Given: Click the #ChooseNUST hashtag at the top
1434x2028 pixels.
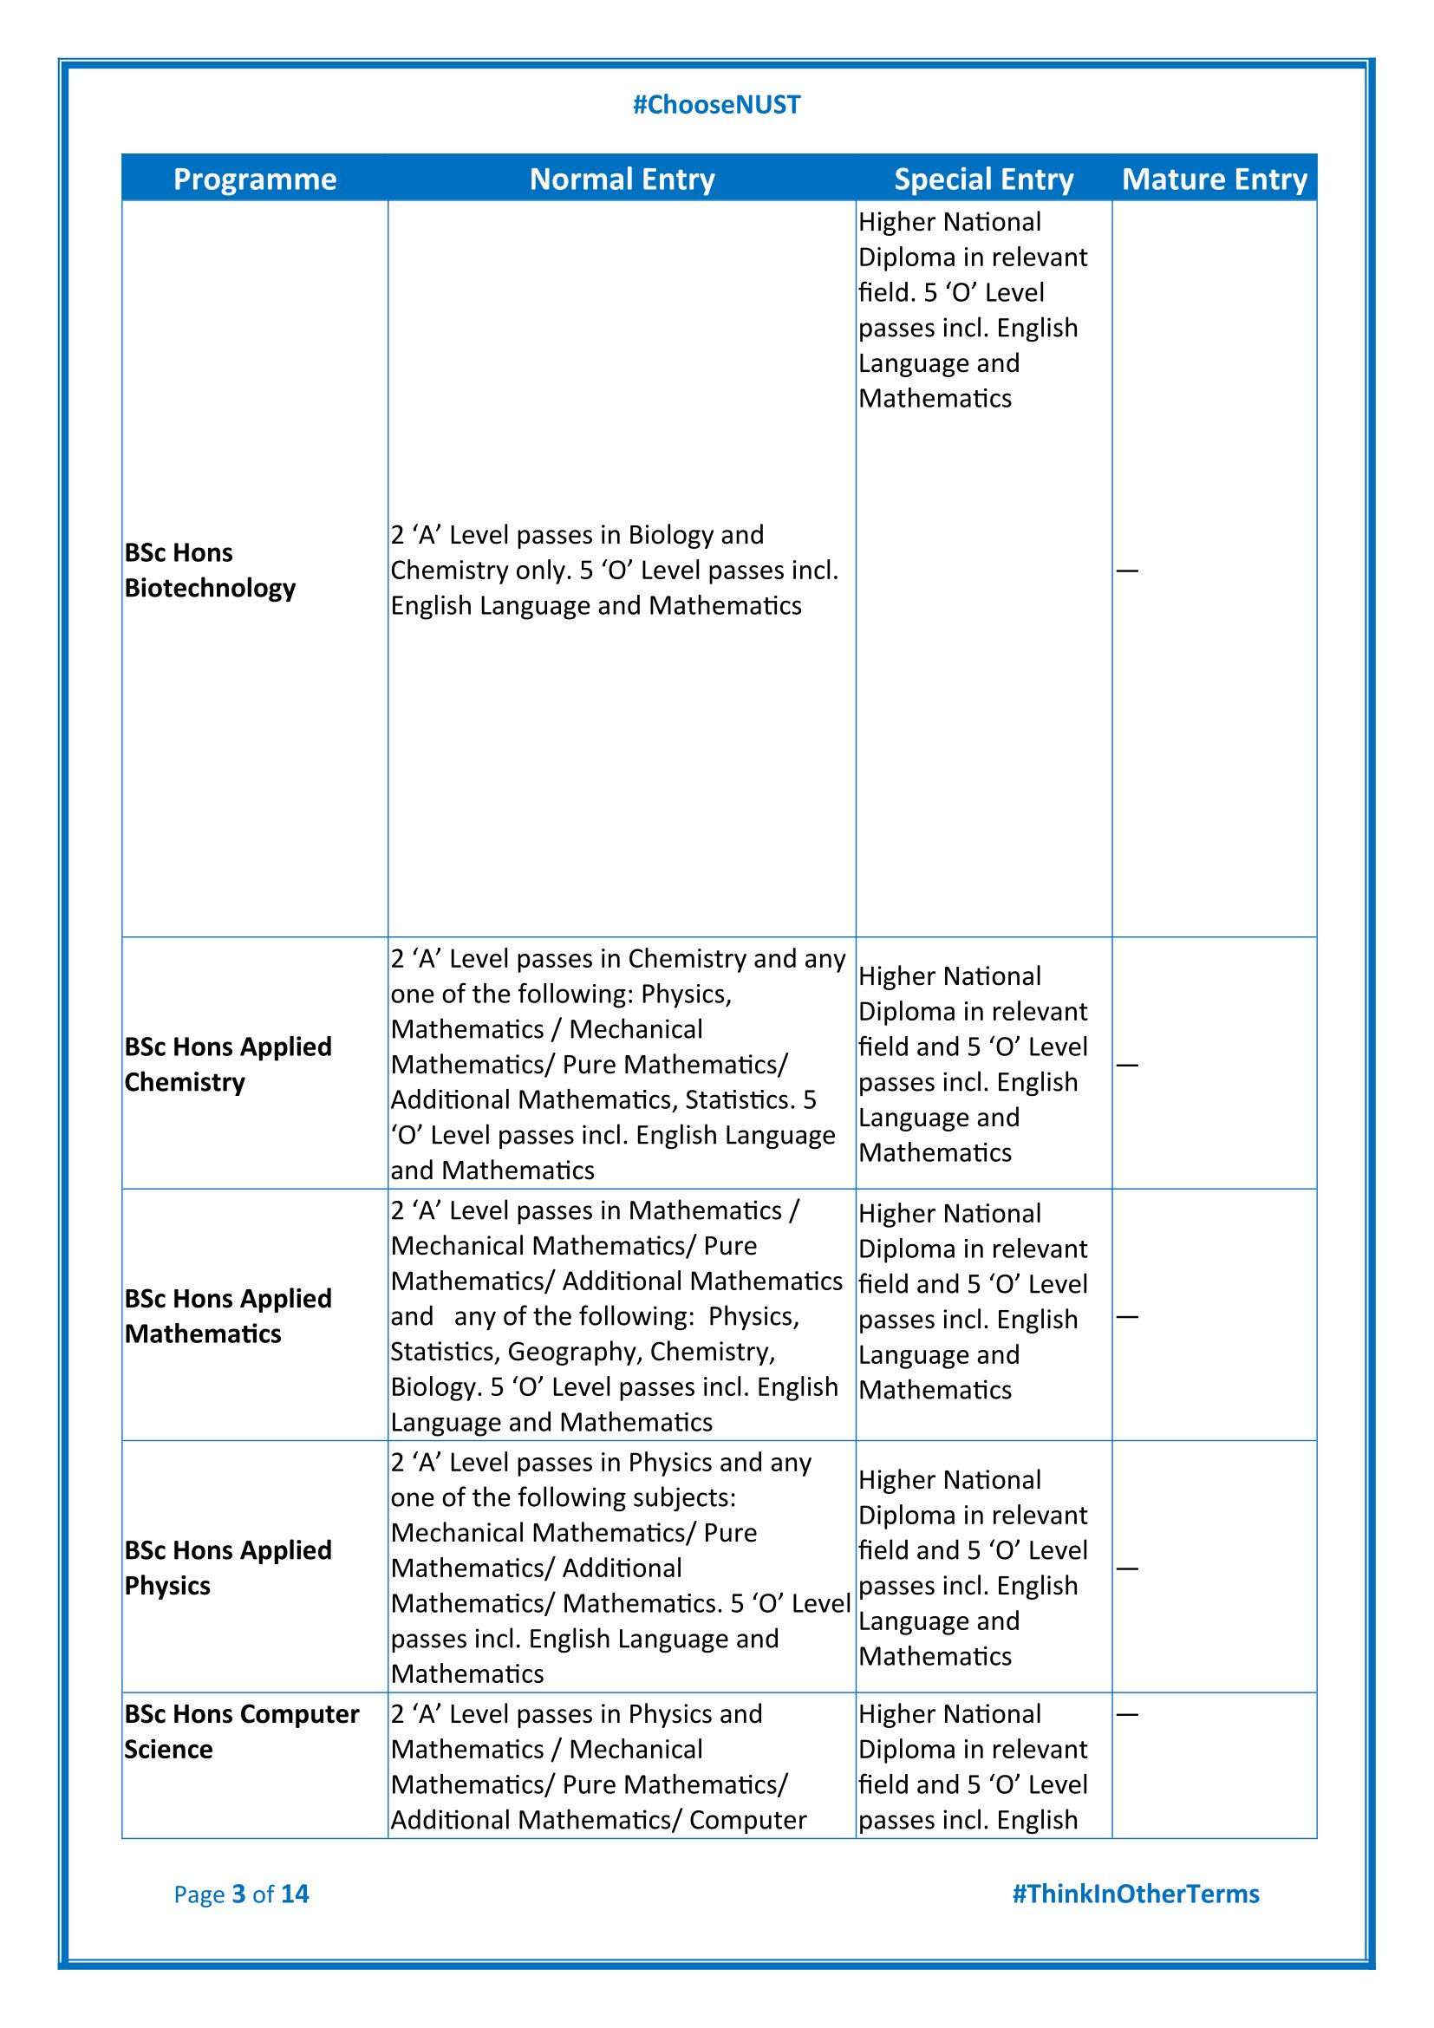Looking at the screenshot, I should coord(716,105).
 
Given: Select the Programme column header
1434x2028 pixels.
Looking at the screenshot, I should coord(254,179).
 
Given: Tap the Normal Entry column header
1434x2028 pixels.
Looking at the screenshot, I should coord(622,179).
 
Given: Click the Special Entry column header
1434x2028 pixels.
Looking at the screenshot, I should coord(984,179).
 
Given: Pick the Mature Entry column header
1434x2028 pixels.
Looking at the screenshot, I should coord(1214,179).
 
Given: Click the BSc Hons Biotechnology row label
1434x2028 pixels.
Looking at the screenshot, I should coord(210,570).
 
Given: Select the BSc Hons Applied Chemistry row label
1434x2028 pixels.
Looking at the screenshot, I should coord(228,1064).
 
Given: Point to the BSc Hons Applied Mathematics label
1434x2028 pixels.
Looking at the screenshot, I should coord(228,1315).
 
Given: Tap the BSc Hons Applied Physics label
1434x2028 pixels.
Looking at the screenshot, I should coord(228,1567).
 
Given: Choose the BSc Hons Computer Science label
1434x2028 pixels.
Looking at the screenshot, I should coord(241,1731).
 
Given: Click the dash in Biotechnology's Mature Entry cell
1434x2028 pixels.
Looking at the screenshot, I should coord(1128,571).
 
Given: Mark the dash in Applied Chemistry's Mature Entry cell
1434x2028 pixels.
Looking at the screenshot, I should coord(1128,1065).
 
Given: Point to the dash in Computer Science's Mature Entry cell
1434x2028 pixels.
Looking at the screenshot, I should coord(1128,1714).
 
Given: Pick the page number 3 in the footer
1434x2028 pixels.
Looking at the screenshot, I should coord(238,1894).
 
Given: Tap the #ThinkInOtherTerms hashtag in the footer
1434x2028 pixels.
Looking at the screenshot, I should coord(1136,1894).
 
